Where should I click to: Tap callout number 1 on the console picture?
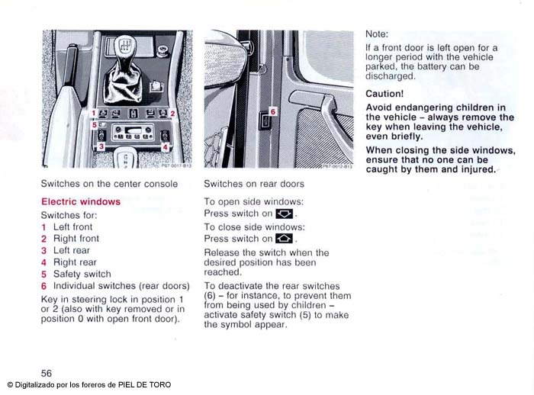93,113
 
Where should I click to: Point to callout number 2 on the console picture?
173,113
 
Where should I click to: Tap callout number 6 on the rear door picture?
272,111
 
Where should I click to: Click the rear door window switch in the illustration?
264,120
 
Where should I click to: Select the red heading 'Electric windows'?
81,202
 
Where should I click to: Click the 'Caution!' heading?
384,93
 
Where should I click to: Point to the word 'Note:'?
377,34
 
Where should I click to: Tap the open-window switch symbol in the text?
284,214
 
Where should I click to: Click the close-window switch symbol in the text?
284,239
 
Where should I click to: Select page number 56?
47,373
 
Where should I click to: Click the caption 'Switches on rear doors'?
254,184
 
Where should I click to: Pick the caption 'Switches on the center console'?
109,184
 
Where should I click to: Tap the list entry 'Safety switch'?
82,274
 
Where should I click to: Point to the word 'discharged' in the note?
390,76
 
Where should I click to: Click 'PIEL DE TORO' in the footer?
144,385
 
